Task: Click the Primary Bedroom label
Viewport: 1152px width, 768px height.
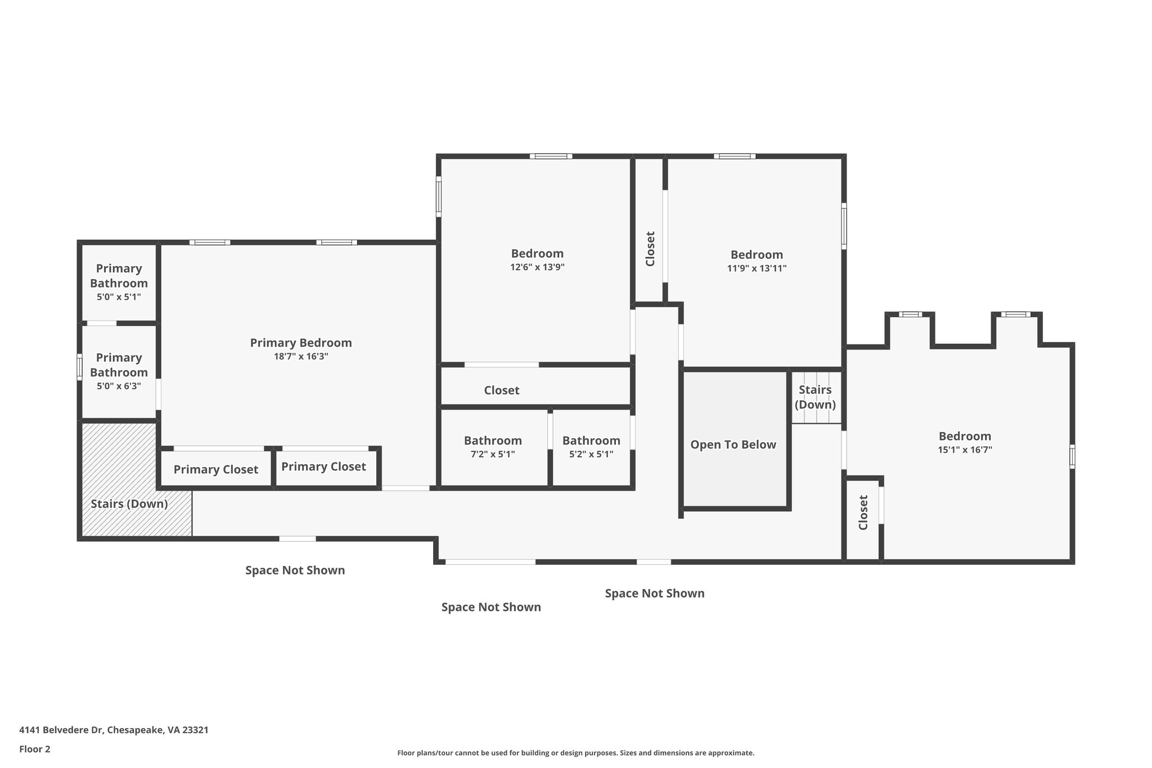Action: [301, 343]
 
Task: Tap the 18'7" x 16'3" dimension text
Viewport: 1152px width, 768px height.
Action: [301, 356]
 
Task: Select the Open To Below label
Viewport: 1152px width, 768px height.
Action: [733, 444]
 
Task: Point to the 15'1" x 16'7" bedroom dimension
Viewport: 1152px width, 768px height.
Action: [965, 450]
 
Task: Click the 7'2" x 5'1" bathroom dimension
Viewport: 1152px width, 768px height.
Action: [493, 454]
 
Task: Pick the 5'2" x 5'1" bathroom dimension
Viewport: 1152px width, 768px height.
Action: [591, 454]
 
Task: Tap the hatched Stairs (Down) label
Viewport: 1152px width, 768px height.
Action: [129, 504]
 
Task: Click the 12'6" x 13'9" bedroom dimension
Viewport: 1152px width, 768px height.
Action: [537, 267]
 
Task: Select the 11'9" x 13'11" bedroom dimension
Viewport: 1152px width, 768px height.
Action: [757, 268]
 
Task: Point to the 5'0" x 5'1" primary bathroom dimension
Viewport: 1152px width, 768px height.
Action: [119, 297]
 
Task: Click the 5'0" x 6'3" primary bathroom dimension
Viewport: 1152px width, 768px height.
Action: [119, 386]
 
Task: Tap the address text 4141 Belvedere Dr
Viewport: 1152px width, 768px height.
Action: [61, 730]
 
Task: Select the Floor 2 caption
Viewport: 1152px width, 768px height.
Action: [35, 749]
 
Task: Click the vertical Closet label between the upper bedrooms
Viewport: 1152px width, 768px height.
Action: [650, 249]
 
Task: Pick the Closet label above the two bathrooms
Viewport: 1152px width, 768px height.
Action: [502, 390]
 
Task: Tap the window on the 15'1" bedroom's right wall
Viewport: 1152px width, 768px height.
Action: [1072, 456]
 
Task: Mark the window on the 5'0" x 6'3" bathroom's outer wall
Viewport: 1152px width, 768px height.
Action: [79, 366]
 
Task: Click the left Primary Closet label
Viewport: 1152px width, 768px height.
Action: [216, 469]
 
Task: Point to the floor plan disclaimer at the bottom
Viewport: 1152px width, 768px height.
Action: [575, 753]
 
